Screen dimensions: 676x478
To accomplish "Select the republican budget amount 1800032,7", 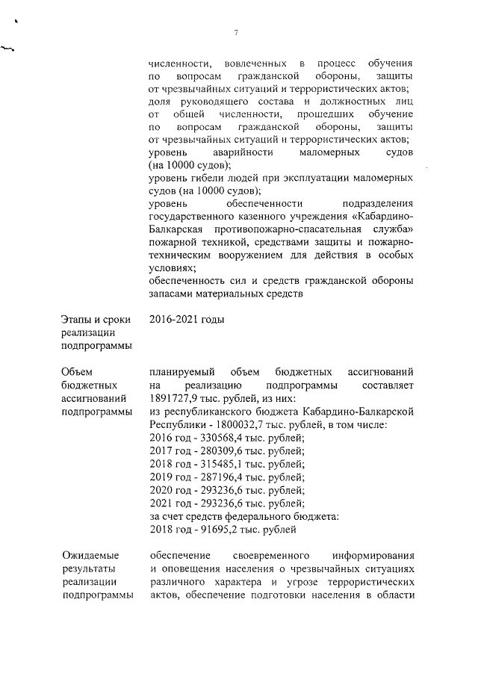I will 235,424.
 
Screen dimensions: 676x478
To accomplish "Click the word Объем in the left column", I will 77,371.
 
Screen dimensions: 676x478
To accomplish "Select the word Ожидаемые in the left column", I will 89,556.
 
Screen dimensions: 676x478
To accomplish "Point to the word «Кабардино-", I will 381,217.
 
